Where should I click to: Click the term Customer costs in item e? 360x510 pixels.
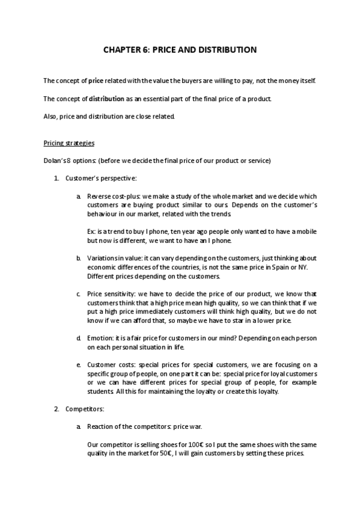tap(110, 364)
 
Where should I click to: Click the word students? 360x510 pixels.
tap(100, 392)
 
